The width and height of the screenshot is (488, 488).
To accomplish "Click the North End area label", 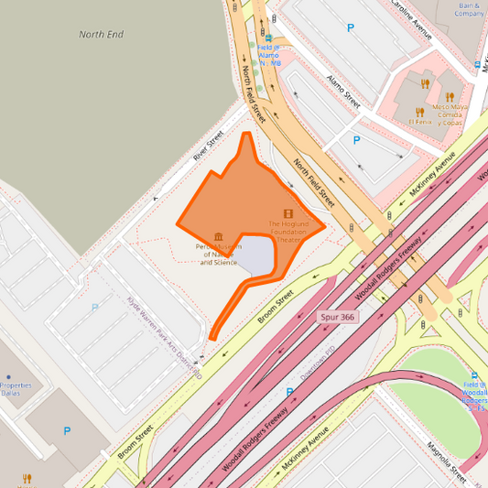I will [x=101, y=35].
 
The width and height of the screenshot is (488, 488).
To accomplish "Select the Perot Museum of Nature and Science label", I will [x=219, y=255].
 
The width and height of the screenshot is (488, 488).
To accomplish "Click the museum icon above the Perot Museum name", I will [x=218, y=236].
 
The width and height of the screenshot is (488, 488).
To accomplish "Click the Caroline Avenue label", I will [x=410, y=19].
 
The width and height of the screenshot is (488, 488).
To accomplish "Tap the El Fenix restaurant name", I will [x=420, y=121].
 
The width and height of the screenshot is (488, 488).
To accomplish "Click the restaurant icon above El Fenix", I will [x=424, y=84].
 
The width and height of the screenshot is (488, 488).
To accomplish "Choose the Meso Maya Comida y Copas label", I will [x=450, y=114].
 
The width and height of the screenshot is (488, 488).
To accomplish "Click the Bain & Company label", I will [x=469, y=10].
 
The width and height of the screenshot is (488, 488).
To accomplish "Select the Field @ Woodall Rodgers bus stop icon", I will [x=473, y=374].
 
